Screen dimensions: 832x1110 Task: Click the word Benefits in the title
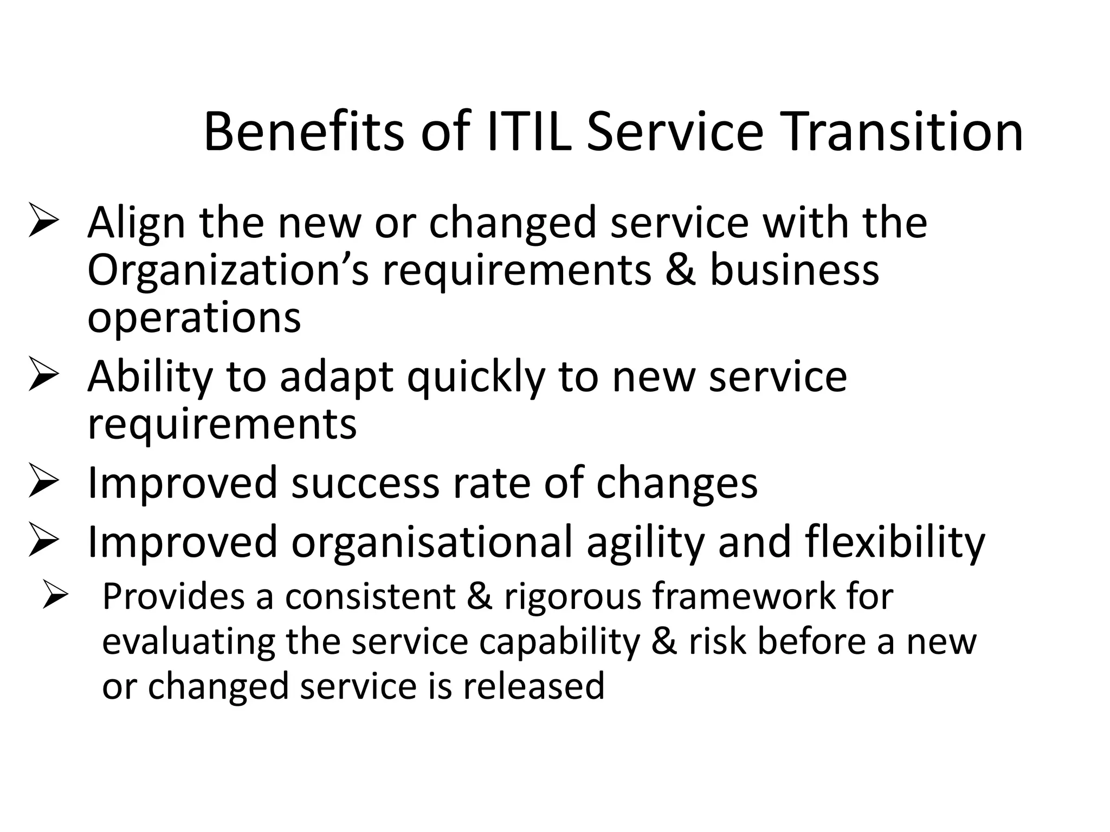[x=304, y=132]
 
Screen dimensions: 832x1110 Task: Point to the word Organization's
[x=228, y=271]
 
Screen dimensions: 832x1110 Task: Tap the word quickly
[x=476, y=377]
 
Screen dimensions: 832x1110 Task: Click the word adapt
[x=336, y=377]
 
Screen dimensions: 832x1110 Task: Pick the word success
[x=365, y=483]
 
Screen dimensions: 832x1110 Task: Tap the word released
[x=533, y=686]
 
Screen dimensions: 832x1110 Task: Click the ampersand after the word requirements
[x=680, y=271]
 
